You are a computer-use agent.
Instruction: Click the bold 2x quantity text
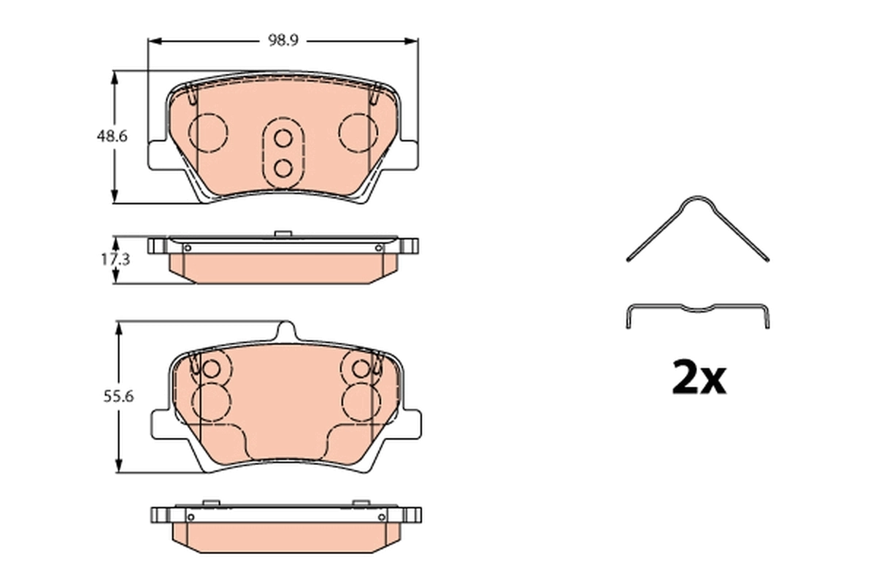coord(698,378)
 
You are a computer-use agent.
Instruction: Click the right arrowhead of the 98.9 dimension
coord(412,41)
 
